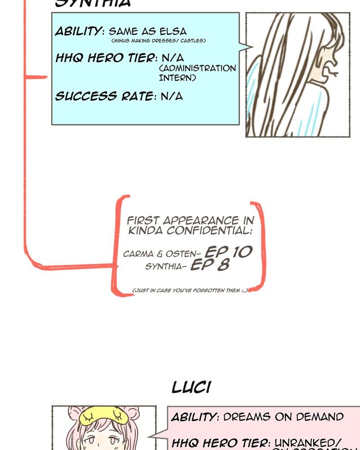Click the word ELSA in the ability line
[175, 31]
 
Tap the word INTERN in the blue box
[177, 77]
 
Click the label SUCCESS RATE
[103, 96]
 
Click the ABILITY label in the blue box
[79, 31]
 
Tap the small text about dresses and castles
[158, 41]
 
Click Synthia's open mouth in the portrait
[332, 71]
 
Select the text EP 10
[228, 252]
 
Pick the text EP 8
[210, 265]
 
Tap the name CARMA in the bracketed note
[138, 254]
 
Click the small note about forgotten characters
[190, 291]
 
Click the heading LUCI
[191, 387]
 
